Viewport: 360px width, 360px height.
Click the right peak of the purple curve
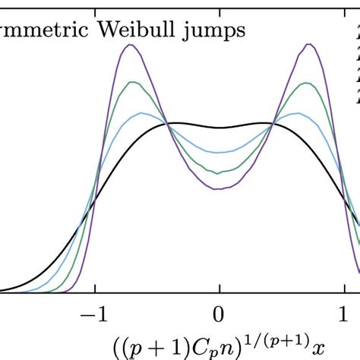coord(308,45)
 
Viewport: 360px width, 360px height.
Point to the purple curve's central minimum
coord(219,188)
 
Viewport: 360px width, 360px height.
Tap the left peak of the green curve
coord(134,81)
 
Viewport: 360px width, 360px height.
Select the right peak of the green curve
coord(305,81)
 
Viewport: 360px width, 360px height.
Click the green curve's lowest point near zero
coord(219,173)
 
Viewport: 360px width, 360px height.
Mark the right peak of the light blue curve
coord(301,113)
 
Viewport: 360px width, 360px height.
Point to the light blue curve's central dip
coord(219,149)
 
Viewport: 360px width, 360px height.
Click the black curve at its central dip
coord(219,128)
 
